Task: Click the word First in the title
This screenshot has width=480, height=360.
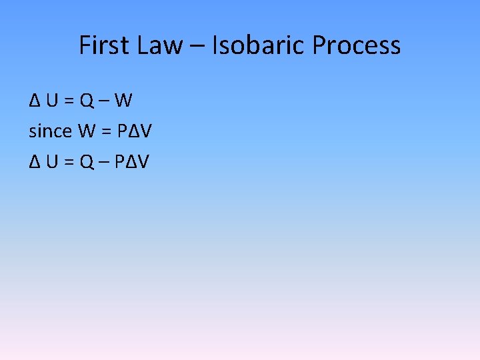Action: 100,45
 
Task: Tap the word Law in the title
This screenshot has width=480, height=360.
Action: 161,45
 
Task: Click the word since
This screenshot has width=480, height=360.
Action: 50,131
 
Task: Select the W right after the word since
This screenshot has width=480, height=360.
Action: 87,131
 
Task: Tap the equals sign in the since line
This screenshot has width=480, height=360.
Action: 106,131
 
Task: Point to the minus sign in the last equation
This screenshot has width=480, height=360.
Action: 105,161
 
